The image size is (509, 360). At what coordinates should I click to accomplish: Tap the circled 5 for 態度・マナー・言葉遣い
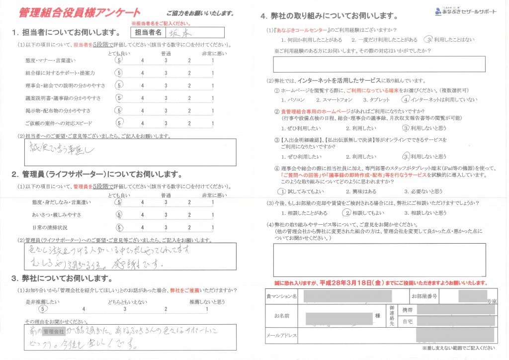pyautogui.click(x=119, y=61)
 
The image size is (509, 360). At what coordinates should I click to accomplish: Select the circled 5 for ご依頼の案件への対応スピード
pyautogui.click(x=119, y=123)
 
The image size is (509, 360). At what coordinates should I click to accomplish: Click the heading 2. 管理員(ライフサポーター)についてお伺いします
pyautogui.click(x=97, y=175)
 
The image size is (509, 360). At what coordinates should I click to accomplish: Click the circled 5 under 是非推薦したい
pyautogui.click(x=44, y=309)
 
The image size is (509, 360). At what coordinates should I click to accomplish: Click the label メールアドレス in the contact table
pyautogui.click(x=281, y=336)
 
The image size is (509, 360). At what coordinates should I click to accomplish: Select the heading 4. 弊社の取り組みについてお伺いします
pyautogui.click(x=328, y=17)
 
